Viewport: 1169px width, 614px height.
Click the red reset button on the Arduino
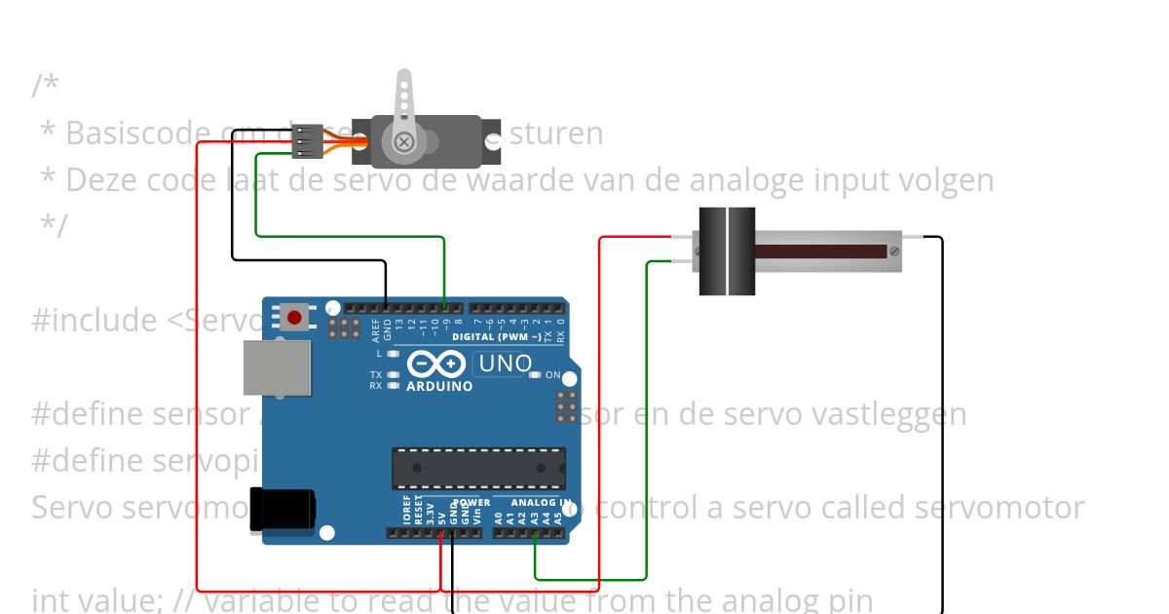pyautogui.click(x=294, y=318)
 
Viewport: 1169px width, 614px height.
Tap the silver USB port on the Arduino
pyautogui.click(x=277, y=367)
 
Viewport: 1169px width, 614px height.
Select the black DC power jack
pyautogui.click(x=282, y=509)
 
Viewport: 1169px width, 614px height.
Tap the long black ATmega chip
pyautogui.click(x=478, y=468)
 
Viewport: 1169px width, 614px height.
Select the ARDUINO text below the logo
pyautogui.click(x=440, y=386)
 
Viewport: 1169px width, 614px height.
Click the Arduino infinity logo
pyautogui.click(x=435, y=365)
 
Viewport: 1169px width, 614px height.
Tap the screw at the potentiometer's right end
pyautogui.click(x=894, y=251)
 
